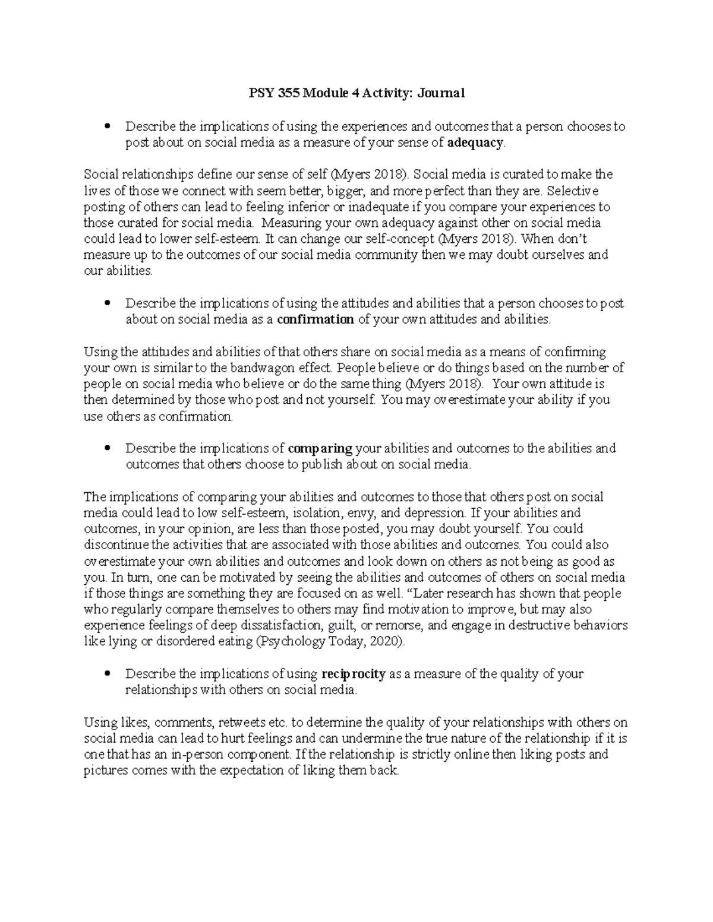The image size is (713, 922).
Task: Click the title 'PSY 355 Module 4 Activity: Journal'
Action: (x=356, y=93)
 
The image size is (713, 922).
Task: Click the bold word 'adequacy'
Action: (x=475, y=142)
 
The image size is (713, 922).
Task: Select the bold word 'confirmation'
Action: (x=316, y=319)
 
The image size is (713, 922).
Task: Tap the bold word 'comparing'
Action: (x=320, y=448)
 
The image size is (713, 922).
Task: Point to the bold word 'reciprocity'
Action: (x=354, y=674)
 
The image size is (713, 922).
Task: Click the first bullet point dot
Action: (x=107, y=126)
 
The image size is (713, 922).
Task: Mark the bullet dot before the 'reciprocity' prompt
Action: (x=107, y=674)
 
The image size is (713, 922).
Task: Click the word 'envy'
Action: (x=366, y=513)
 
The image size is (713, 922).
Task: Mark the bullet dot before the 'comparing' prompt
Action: (x=107, y=448)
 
